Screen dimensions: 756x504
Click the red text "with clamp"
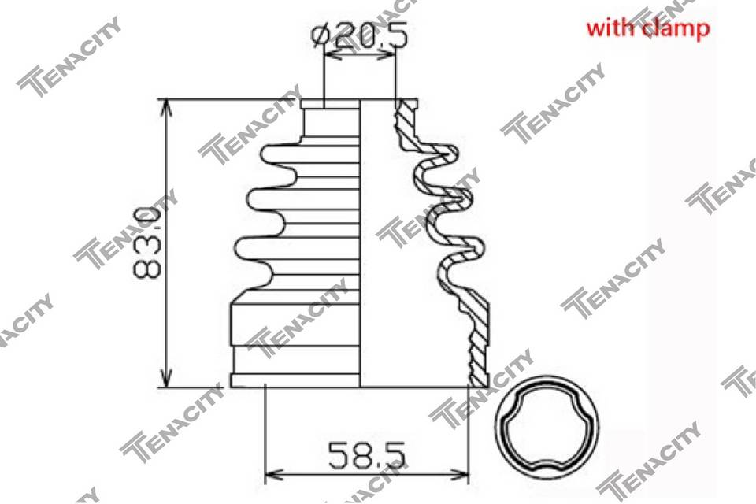click(x=648, y=28)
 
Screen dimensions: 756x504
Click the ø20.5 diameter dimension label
click(x=360, y=35)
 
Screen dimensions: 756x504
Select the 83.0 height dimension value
click(x=146, y=243)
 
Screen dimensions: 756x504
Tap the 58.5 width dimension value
click(x=366, y=455)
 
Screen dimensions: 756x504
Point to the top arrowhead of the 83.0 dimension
click(x=166, y=107)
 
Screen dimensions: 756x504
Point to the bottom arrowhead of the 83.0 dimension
click(x=166, y=379)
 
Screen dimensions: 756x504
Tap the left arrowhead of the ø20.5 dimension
click(x=332, y=55)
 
